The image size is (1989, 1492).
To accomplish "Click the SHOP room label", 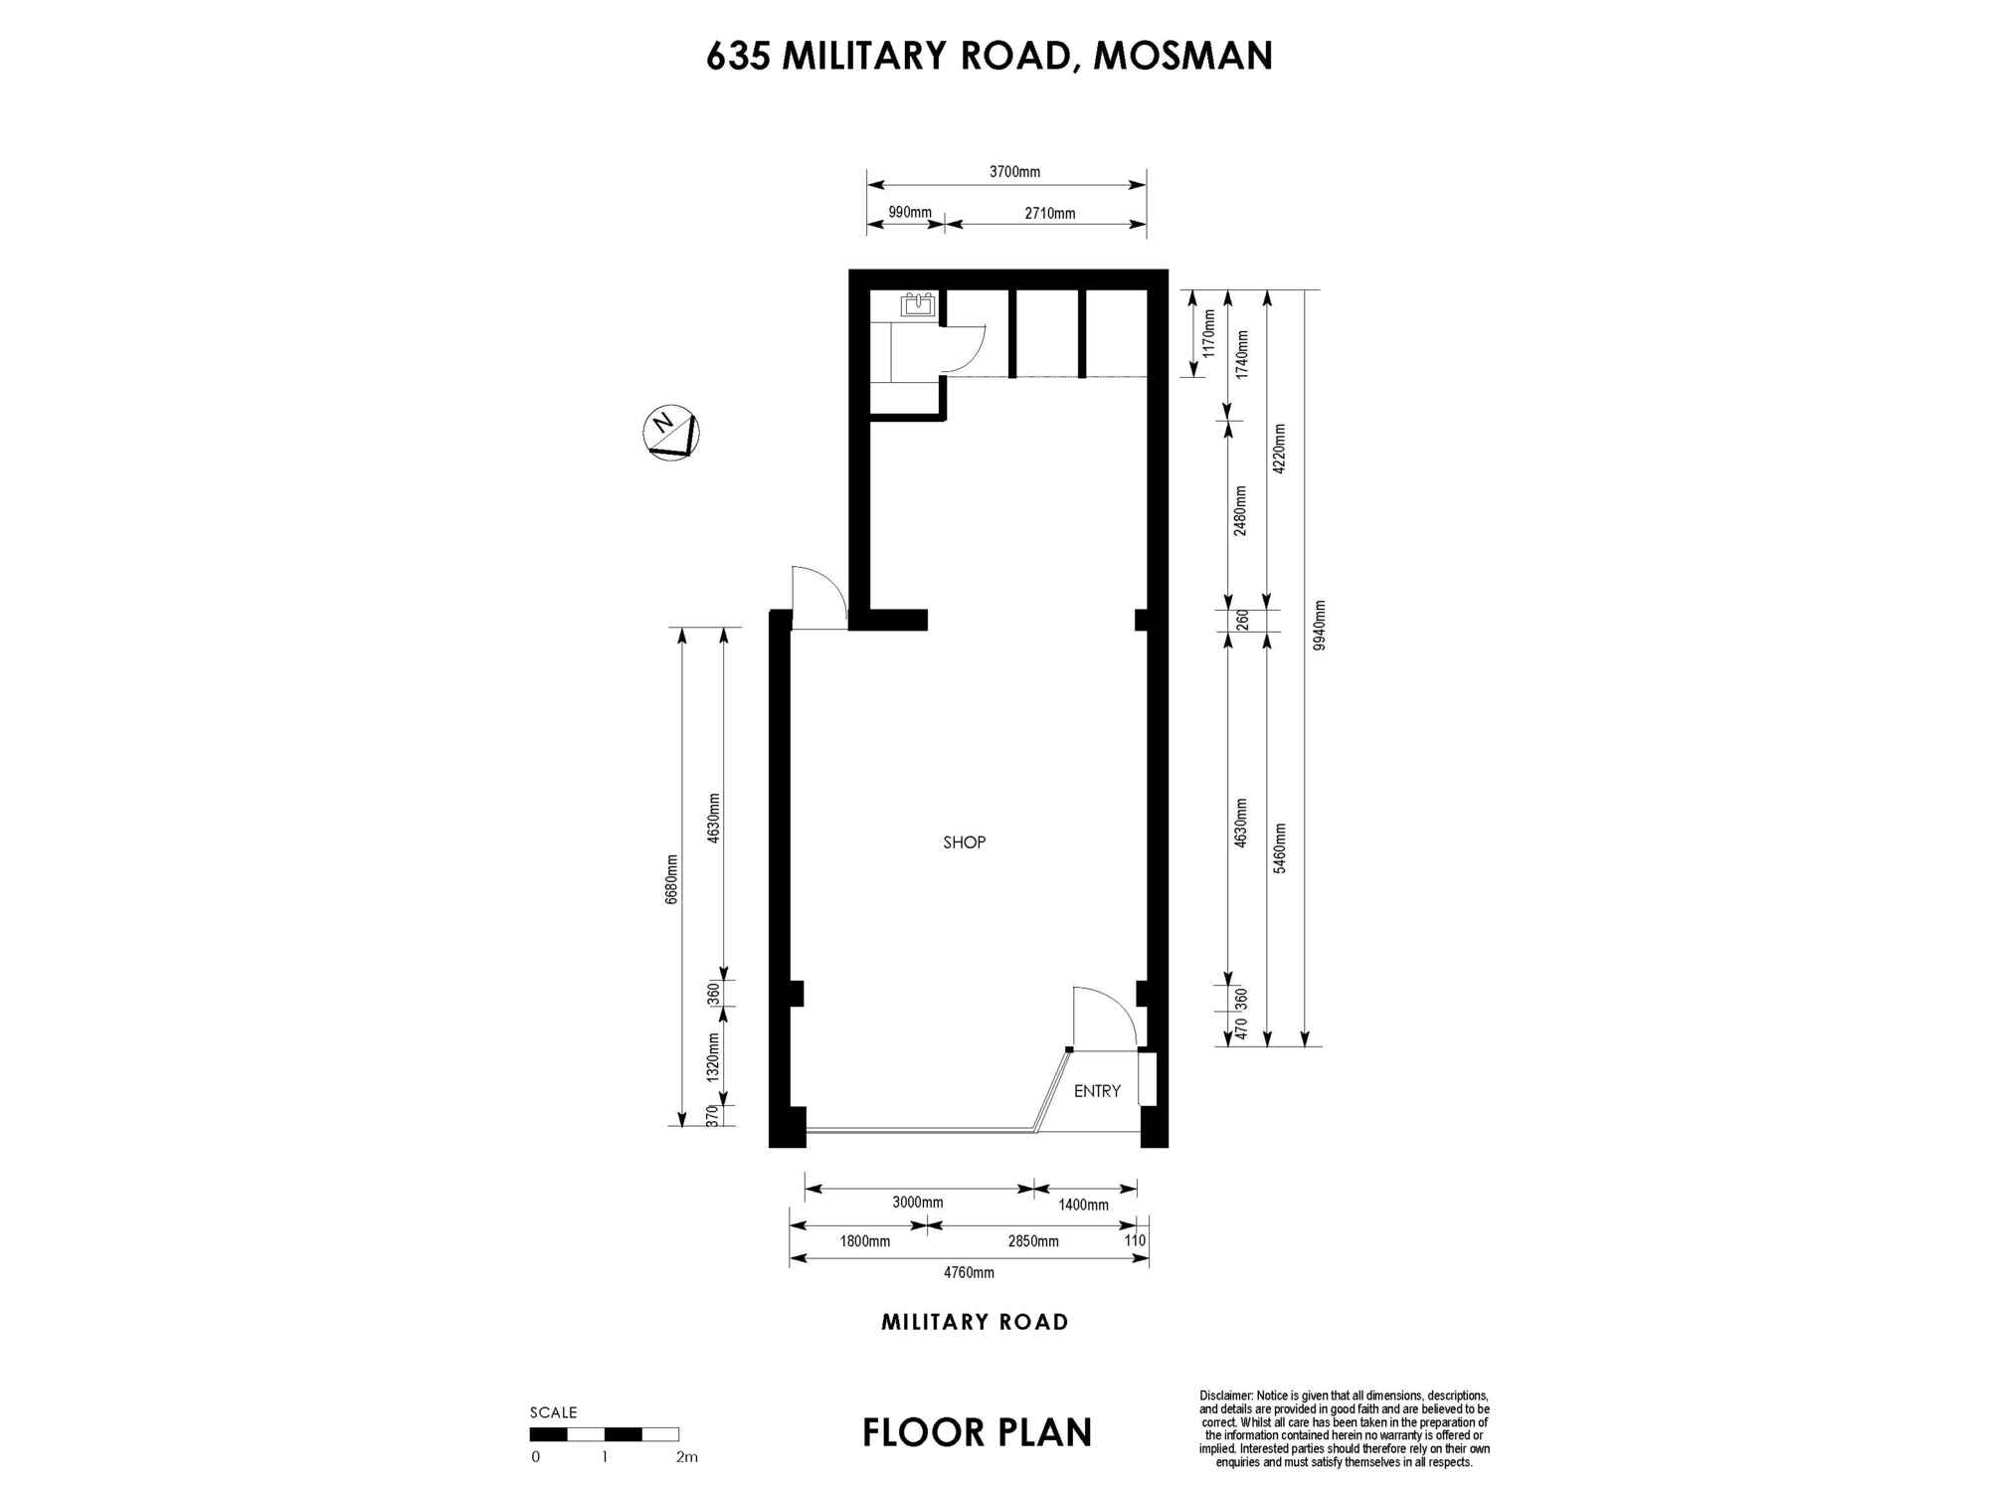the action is pos(964,842).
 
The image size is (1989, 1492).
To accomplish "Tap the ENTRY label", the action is pos(1097,1091).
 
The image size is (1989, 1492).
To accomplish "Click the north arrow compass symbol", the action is pos(671,433).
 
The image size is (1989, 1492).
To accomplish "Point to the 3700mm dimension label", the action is pos(1014,172).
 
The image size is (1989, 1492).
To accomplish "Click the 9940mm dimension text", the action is pos(1319,626).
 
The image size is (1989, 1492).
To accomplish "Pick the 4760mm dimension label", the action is pos(969,1272).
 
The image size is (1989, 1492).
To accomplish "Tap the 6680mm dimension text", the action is pos(672,879).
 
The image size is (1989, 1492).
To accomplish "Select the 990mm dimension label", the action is pos(910,212).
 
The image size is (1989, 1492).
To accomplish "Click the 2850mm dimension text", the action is pos(1033,1241).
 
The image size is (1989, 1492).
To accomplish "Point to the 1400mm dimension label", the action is pos(1083,1205).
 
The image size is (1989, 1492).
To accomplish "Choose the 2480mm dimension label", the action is pos(1240,510).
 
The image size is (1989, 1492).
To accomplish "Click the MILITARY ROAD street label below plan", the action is pos(975,1322).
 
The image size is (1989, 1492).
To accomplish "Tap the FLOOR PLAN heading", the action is pos(977,1432).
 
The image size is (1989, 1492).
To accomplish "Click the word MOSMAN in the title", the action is pos(1182,56).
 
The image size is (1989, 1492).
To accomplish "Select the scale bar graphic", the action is pos(605,1434).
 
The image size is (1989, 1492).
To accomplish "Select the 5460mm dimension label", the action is pos(1280,848).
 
